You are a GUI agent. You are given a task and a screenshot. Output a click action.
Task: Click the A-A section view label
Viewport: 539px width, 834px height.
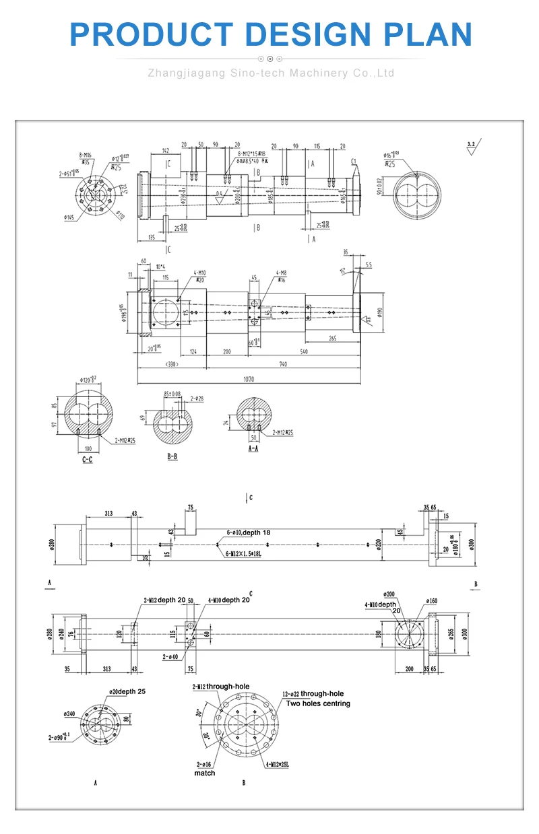tap(253, 448)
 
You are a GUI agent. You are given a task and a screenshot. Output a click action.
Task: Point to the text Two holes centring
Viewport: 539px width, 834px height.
tap(318, 703)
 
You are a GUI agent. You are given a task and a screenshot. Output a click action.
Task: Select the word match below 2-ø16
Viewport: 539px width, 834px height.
tap(205, 773)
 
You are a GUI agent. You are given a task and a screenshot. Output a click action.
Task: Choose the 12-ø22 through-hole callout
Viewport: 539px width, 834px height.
tap(313, 694)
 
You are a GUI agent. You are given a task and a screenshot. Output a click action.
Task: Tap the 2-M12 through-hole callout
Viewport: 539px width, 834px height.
tap(220, 687)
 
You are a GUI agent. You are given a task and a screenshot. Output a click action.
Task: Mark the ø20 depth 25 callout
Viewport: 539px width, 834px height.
tap(127, 691)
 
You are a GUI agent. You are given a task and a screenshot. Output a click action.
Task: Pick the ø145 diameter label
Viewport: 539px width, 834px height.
tap(69, 217)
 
